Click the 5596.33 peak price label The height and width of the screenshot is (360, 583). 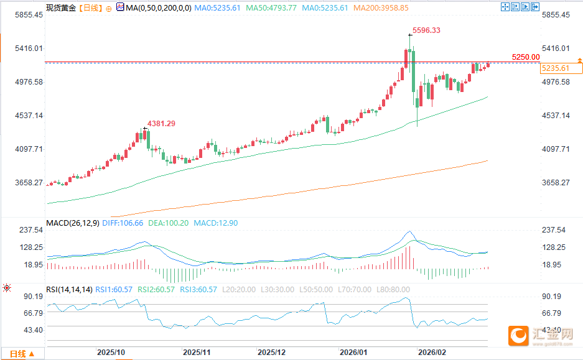coord(427,30)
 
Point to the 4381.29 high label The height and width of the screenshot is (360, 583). coord(161,124)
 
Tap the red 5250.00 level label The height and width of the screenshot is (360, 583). coord(526,57)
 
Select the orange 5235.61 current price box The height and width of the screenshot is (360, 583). coord(556,68)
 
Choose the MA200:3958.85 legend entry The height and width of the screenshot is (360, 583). coord(381,8)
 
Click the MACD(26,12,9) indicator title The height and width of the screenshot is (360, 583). coord(72,223)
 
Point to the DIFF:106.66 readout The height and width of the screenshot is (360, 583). coord(122,223)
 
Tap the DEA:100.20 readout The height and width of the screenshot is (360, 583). coord(168,223)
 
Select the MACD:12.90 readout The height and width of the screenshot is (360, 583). coord(215,223)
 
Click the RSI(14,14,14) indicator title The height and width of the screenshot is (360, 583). coord(70,289)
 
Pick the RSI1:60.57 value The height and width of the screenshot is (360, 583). coord(115,289)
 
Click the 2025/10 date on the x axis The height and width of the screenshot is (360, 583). coord(111,352)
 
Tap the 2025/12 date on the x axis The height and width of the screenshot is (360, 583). coord(271,352)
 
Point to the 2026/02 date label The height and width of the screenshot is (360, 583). coord(432,352)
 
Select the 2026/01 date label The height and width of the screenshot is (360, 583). coord(353,352)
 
